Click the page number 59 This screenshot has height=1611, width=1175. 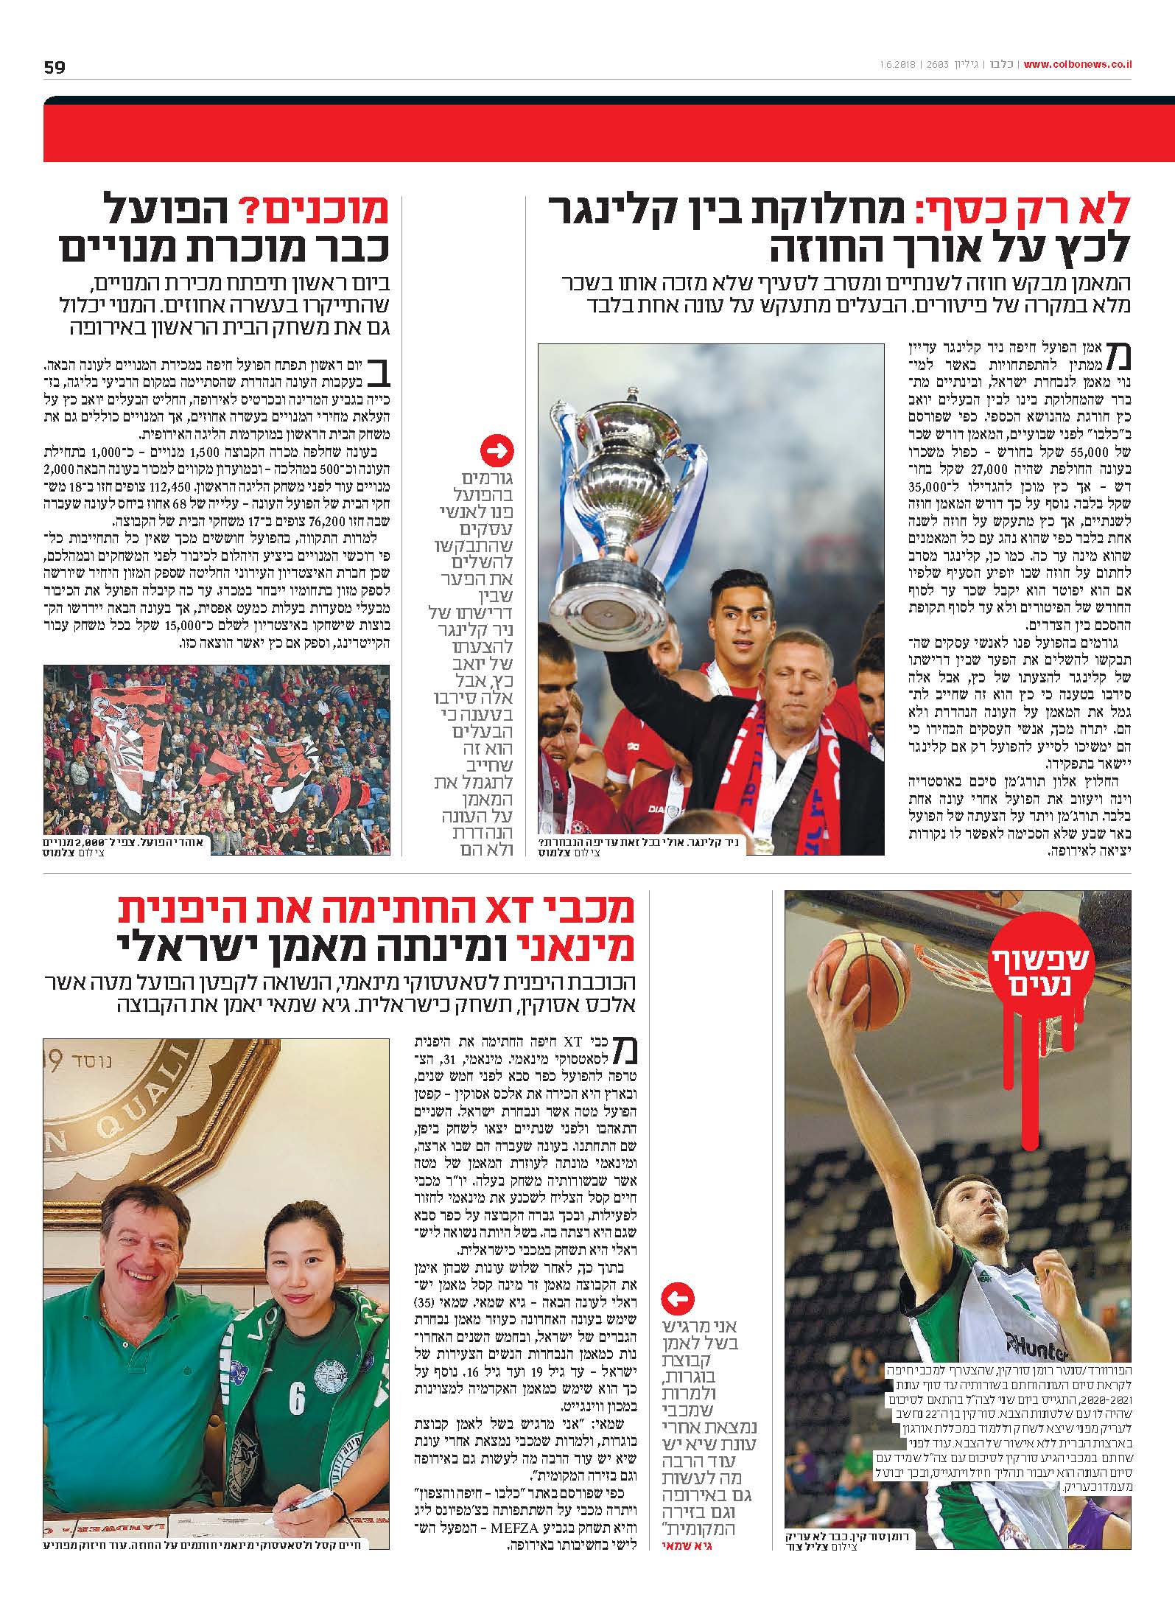(x=55, y=67)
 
